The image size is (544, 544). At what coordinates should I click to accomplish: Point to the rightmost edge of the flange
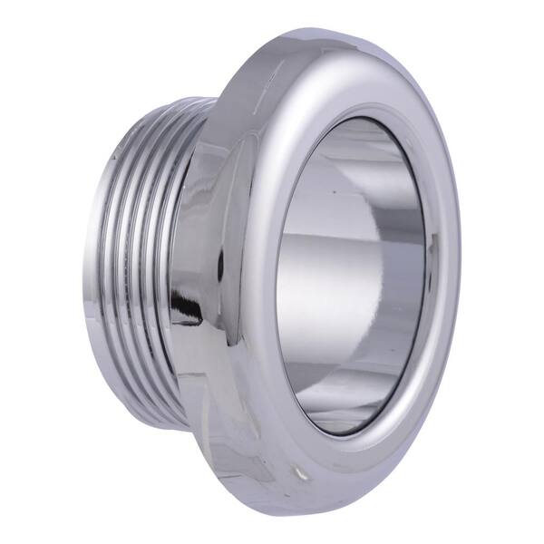(x=461, y=272)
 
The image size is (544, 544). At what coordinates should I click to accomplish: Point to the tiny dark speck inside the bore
(x=335, y=192)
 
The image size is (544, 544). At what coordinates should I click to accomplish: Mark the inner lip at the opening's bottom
(x=345, y=433)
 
